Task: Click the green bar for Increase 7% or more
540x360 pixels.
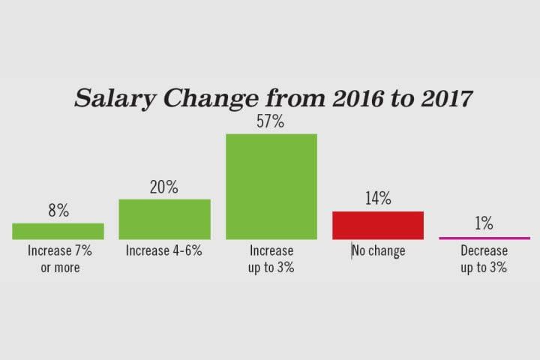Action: tap(58, 231)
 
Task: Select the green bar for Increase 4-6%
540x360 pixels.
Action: tap(164, 219)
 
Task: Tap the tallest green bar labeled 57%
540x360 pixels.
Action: tap(271, 186)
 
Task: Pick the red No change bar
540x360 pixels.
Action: tap(378, 225)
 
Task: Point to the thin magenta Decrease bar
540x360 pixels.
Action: tap(484, 238)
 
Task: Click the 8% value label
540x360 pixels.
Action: tap(58, 211)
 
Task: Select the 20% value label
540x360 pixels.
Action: tap(164, 187)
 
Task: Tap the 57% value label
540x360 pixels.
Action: tap(271, 121)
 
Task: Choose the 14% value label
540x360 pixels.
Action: tap(378, 199)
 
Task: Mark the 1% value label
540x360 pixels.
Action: tap(484, 223)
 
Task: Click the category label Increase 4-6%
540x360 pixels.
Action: tap(164, 251)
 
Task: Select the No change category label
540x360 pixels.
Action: tap(379, 251)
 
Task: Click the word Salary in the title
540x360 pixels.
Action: tap(109, 99)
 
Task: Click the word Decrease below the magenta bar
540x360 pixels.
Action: tap(484, 251)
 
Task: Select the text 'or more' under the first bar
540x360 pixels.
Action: tap(58, 267)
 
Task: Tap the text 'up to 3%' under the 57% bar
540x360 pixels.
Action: tap(271, 267)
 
